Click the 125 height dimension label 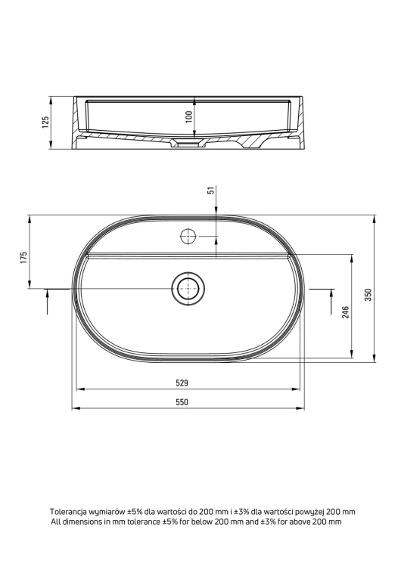click(45, 122)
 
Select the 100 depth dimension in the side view click(189, 116)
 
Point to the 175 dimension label click(24, 258)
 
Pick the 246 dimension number click(346, 312)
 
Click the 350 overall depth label click(368, 295)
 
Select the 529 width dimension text click(182, 383)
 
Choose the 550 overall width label click(182, 402)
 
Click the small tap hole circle click(188, 237)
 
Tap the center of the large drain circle click(188, 289)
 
